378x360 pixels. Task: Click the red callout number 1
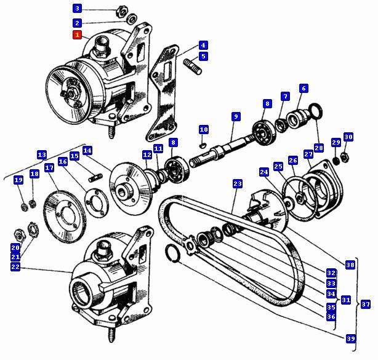click(x=77, y=36)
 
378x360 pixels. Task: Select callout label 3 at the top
click(x=77, y=9)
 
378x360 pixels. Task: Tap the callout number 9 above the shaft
click(x=236, y=116)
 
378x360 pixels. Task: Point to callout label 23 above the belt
click(x=238, y=183)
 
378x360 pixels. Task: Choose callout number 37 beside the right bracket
click(x=366, y=304)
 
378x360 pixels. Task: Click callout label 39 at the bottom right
click(x=350, y=339)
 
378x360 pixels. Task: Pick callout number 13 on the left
click(x=42, y=154)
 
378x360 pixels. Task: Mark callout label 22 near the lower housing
click(x=15, y=266)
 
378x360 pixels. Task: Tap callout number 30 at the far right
click(x=348, y=137)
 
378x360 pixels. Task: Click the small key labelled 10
click(x=204, y=145)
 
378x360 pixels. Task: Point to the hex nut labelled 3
click(x=121, y=12)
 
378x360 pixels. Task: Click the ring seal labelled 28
click(x=314, y=111)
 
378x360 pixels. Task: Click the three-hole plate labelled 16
click(x=94, y=204)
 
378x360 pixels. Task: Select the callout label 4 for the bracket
click(x=203, y=45)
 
